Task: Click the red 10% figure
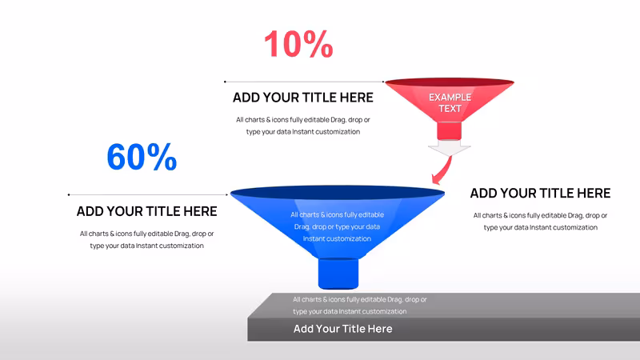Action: click(x=298, y=44)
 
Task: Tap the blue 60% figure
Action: click(x=142, y=157)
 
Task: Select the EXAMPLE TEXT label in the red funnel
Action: click(x=450, y=103)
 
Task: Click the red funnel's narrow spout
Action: click(x=450, y=131)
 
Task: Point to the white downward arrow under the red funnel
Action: click(x=450, y=148)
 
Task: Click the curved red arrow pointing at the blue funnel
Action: click(x=443, y=170)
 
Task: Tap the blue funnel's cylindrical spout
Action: click(x=338, y=273)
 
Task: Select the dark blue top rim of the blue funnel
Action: click(x=338, y=193)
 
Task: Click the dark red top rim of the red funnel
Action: click(x=450, y=82)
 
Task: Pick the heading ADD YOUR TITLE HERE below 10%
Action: click(x=303, y=98)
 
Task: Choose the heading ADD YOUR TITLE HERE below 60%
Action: click(x=147, y=211)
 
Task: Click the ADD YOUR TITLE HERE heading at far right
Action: click(x=541, y=193)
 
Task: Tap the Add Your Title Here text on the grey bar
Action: click(x=343, y=329)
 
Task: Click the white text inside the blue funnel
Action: click(x=337, y=226)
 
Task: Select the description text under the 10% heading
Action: click(x=303, y=126)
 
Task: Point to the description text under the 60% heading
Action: click(x=147, y=239)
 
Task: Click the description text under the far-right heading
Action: click(x=541, y=222)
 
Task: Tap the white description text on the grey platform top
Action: click(x=359, y=306)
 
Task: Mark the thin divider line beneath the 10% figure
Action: click(x=304, y=82)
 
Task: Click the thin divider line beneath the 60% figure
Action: click(x=148, y=194)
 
